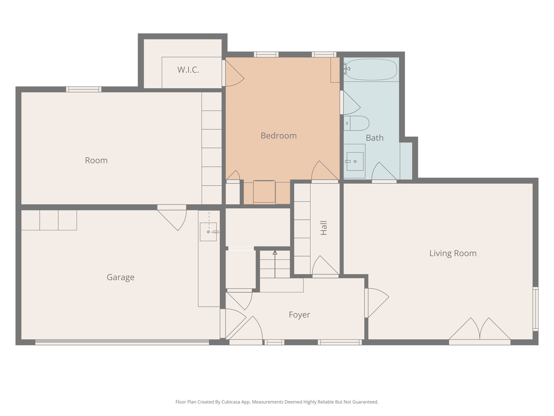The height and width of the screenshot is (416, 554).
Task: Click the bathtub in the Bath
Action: [371, 70]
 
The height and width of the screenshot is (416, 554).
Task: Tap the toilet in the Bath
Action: [357, 123]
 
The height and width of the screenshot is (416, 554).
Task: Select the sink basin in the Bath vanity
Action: [355, 161]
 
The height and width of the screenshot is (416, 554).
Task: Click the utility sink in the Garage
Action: [208, 232]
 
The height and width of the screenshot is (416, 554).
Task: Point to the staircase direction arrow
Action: [275, 264]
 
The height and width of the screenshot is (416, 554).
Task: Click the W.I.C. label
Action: [188, 70]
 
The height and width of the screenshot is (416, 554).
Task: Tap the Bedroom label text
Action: [279, 136]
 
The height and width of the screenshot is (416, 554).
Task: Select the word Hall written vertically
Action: [324, 228]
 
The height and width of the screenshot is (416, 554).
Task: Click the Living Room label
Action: [453, 253]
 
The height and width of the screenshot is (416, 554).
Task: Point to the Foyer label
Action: [299, 315]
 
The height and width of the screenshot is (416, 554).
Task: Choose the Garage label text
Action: [120, 277]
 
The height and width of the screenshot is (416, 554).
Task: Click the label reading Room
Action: [96, 160]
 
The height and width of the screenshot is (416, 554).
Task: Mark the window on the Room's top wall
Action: [84, 89]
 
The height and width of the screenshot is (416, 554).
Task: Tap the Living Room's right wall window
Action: [535, 309]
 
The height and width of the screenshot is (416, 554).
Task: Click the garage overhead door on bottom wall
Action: [122, 342]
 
